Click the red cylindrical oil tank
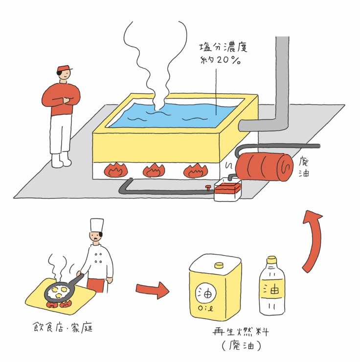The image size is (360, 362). coord(264,166)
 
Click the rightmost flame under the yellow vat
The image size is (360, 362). coord(194,170)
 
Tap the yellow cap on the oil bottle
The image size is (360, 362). coord(271,259)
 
